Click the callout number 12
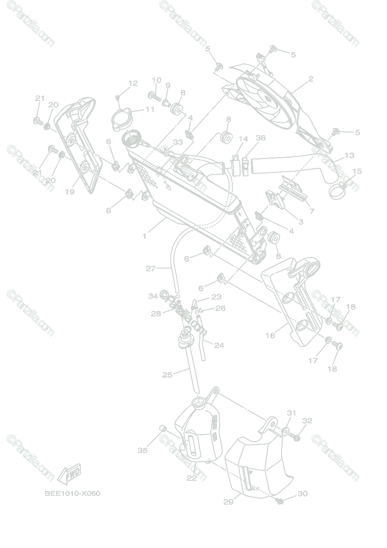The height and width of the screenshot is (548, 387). [133, 84]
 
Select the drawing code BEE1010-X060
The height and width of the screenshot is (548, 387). [73, 494]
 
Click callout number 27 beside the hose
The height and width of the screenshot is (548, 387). [151, 269]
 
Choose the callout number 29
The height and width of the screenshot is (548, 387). [228, 502]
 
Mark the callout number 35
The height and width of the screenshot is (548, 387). [142, 450]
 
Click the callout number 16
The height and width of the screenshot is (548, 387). [270, 336]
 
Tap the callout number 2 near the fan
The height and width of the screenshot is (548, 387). [310, 79]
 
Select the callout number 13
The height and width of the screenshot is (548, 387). [349, 156]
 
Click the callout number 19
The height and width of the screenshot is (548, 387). [69, 192]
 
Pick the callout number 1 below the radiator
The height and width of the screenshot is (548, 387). [145, 236]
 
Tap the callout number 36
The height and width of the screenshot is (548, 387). [261, 138]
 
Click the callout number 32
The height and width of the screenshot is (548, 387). [307, 421]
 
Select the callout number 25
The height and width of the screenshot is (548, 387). [167, 375]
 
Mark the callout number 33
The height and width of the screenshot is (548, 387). [178, 142]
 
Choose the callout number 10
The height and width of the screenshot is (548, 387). [156, 80]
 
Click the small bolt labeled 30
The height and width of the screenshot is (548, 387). [280, 502]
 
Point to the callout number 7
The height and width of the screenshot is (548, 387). [312, 211]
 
